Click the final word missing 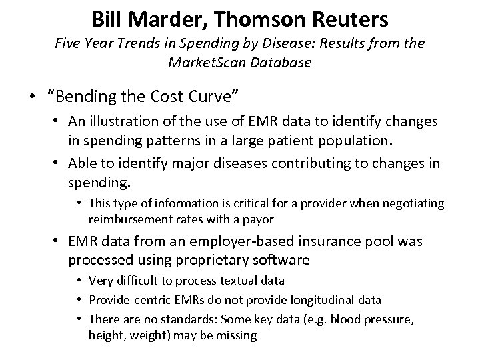tap(236, 335)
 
